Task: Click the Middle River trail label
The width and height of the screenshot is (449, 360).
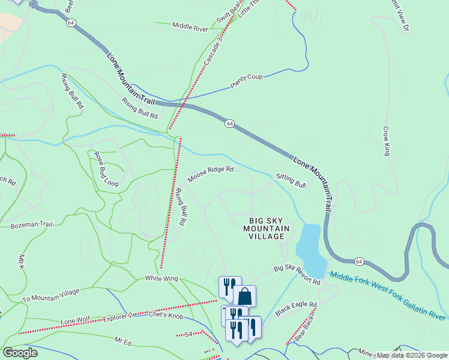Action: click(190, 27)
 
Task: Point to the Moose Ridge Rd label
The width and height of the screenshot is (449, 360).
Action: click(210, 174)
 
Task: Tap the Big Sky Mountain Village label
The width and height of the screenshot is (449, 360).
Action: click(267, 228)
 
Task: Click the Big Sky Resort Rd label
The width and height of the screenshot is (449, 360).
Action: click(297, 276)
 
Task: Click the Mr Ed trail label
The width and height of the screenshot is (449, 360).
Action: click(123, 341)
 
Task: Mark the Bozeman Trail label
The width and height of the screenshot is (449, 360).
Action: click(32, 225)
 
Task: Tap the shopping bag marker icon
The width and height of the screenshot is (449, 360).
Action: click(244, 296)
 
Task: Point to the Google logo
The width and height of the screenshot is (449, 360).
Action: click(20, 353)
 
